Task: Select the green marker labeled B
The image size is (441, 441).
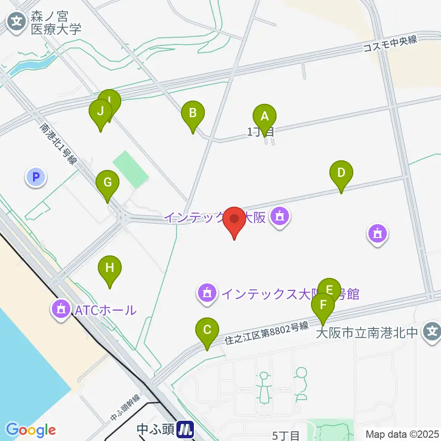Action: point(193,113)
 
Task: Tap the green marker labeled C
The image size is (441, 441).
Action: point(207,330)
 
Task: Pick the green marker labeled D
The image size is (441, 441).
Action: point(341,173)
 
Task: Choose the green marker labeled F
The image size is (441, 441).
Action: point(323,305)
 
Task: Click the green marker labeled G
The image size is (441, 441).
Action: point(107,183)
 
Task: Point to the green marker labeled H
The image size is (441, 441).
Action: point(109,268)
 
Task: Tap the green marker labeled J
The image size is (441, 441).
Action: point(101,111)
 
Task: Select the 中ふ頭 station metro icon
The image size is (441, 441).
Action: point(186,430)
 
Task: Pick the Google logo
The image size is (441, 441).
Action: point(30,430)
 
